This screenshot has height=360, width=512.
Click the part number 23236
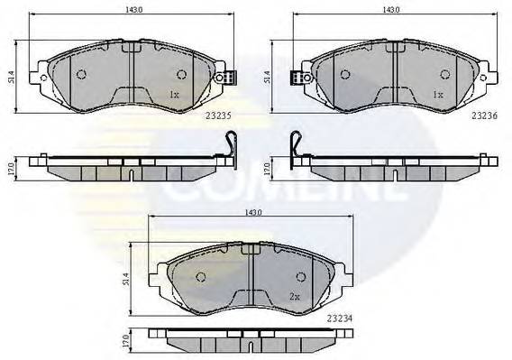click(x=483, y=115)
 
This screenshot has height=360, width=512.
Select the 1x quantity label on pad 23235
click(x=174, y=94)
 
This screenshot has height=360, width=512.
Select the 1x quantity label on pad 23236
click(x=437, y=94)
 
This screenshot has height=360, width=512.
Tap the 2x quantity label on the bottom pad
click(x=293, y=296)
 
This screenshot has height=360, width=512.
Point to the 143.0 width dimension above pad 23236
click(x=392, y=10)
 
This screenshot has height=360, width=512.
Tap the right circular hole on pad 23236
click(x=444, y=74)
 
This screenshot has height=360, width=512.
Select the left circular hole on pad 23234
click(x=201, y=276)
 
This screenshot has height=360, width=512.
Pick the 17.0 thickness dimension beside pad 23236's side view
click(x=269, y=168)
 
